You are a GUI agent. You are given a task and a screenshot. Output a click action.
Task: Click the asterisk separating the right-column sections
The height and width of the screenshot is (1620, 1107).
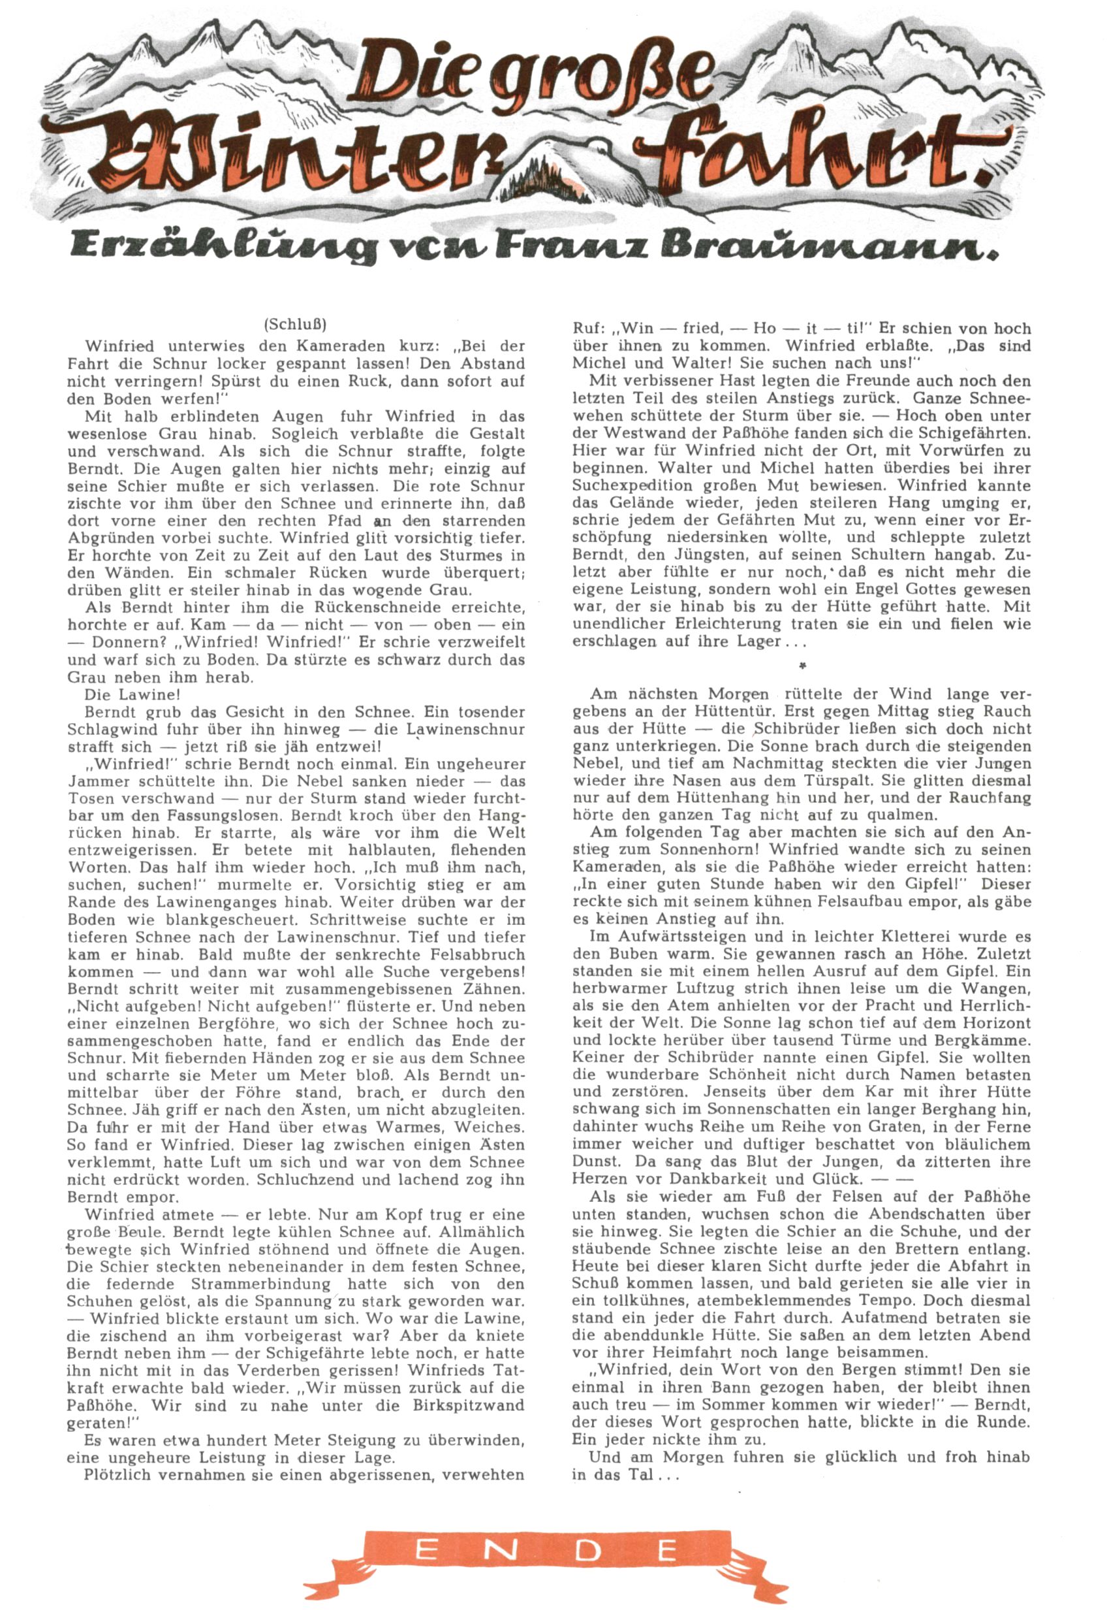tap(803, 666)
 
